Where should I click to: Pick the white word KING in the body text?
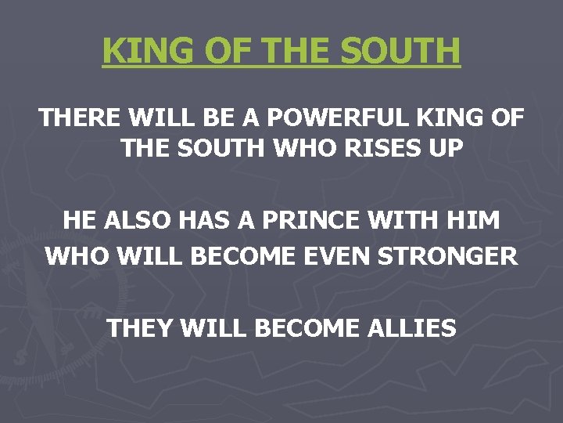(443, 118)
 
